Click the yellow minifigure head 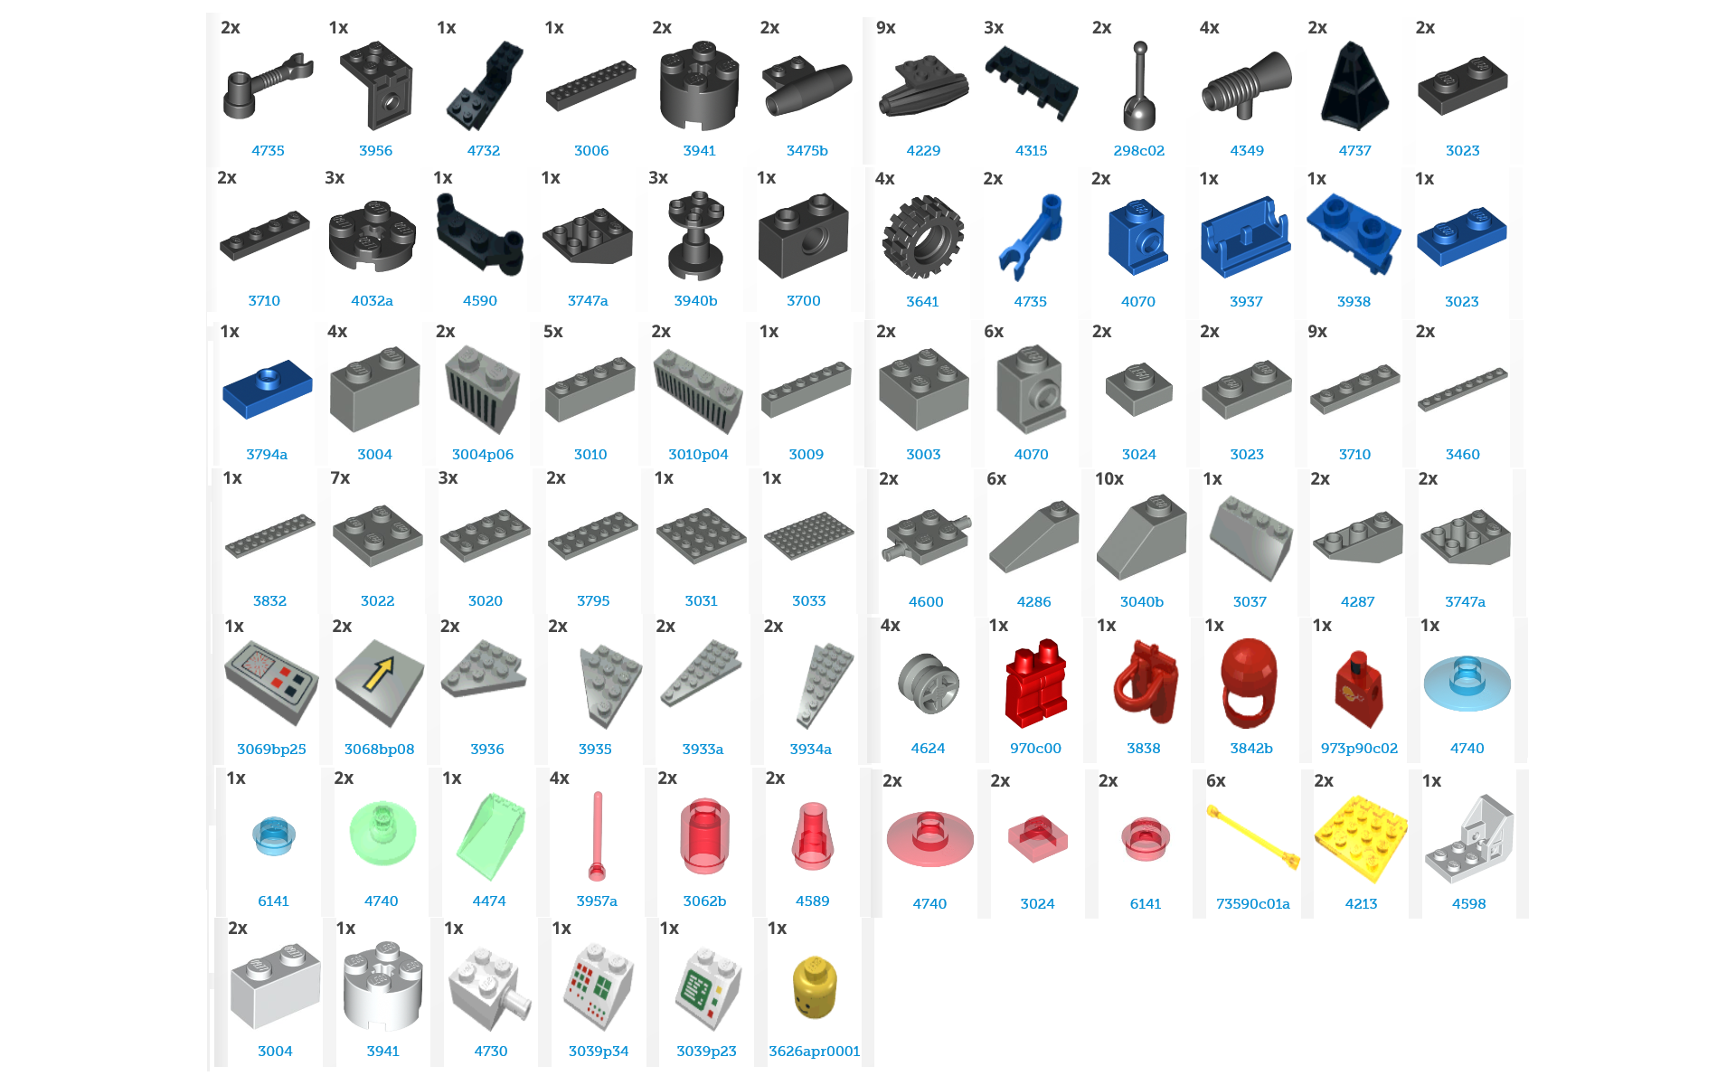pos(815,987)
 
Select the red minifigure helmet pos(1249,683)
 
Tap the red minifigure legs pos(1035,684)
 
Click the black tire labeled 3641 pos(922,237)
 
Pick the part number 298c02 pos(1139,151)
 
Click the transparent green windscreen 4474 pos(491,836)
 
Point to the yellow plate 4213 pos(1361,838)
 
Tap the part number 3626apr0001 pos(815,1052)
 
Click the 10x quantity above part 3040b pos(1109,479)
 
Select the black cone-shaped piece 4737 pos(1354,87)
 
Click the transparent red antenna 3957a pos(597,836)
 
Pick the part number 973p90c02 pos(1359,749)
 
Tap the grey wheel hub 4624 pos(929,684)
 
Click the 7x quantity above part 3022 pos(340,478)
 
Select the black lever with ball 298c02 pos(1139,87)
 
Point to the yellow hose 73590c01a pos(1253,838)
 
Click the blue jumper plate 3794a pos(268,390)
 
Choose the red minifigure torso pos(1359,689)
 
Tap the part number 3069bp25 pos(271,750)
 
